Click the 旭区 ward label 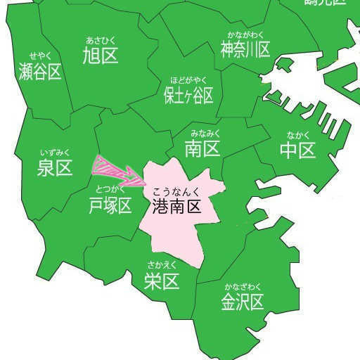[99, 55]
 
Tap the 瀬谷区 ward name [39, 72]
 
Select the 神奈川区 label [245, 51]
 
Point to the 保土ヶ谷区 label [188, 95]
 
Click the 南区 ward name [202, 148]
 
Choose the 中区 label [297, 150]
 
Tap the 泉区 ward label [55, 167]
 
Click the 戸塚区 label [110, 205]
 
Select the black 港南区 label [176, 206]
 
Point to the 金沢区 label [242, 302]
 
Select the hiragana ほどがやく [188, 79]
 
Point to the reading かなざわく [243, 286]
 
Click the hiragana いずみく [55, 151]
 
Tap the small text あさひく [99, 39]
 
